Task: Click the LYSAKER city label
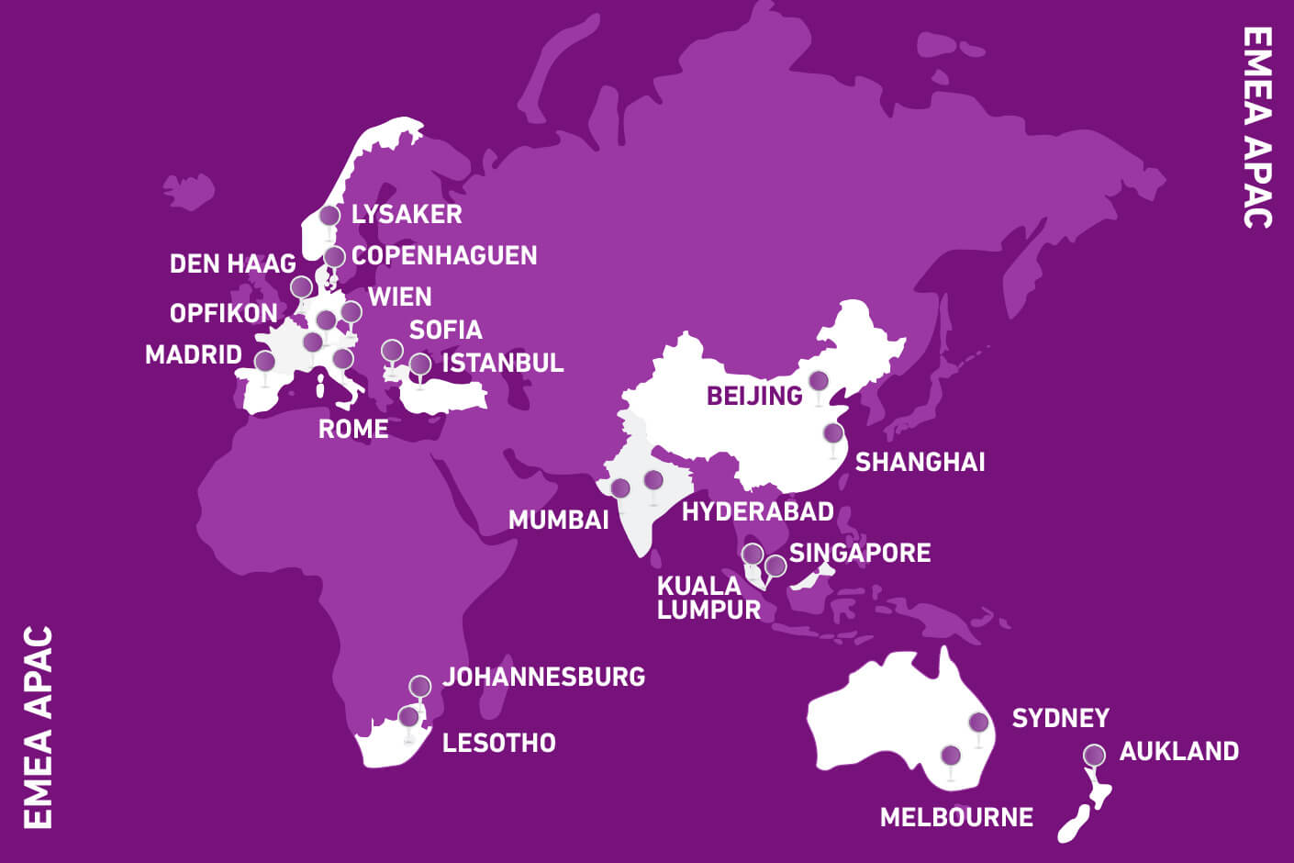pyautogui.click(x=407, y=215)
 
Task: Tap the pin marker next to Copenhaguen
pyautogui.click(x=335, y=256)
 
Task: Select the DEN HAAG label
pyautogui.click(x=233, y=264)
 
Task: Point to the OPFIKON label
pyautogui.click(x=223, y=314)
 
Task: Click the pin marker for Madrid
pyautogui.click(x=264, y=361)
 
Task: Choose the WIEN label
pyautogui.click(x=399, y=297)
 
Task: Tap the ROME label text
pyautogui.click(x=353, y=429)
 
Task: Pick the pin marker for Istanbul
pyautogui.click(x=420, y=364)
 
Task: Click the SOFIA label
pyautogui.click(x=445, y=331)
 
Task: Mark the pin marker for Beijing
pyautogui.click(x=819, y=380)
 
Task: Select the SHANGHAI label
pyautogui.click(x=920, y=462)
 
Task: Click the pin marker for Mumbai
pyautogui.click(x=620, y=488)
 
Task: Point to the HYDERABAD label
pyautogui.click(x=758, y=511)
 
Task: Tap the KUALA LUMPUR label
pyautogui.click(x=708, y=598)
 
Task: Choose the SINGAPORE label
pyautogui.click(x=860, y=553)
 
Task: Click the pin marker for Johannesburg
pyautogui.click(x=420, y=686)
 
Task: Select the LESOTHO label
pyautogui.click(x=499, y=743)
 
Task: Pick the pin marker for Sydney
pyautogui.click(x=978, y=723)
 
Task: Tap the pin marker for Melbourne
pyautogui.click(x=951, y=756)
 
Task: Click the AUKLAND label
pyautogui.click(x=1179, y=752)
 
